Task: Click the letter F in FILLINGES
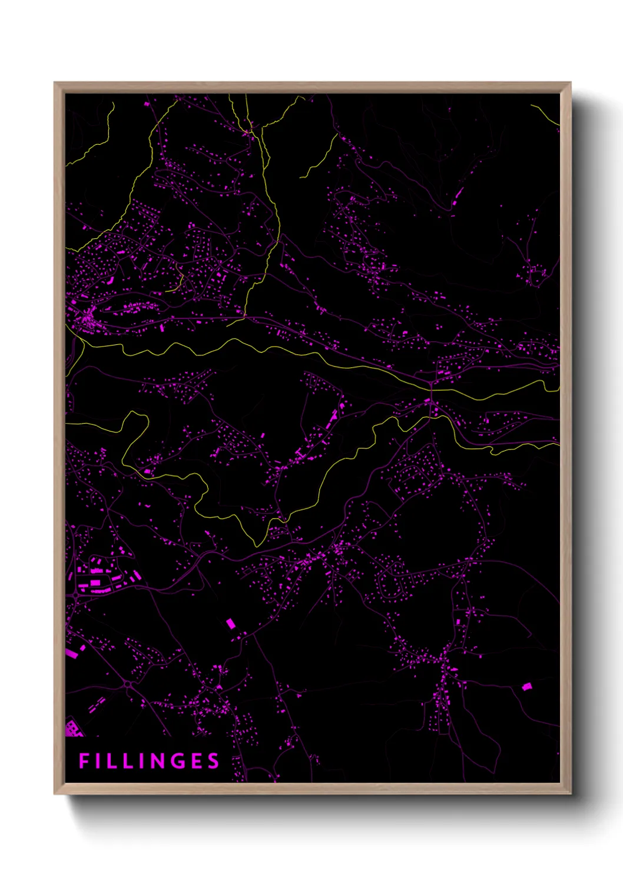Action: point(84,761)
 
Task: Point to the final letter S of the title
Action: point(213,761)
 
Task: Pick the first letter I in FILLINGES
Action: point(101,761)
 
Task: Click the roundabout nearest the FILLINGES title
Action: point(127,684)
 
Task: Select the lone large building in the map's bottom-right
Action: point(527,686)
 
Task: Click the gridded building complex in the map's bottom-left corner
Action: point(72,729)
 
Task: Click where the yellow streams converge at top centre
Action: point(251,128)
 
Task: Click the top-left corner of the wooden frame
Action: point(55,83)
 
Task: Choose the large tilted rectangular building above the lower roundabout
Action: point(230,623)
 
